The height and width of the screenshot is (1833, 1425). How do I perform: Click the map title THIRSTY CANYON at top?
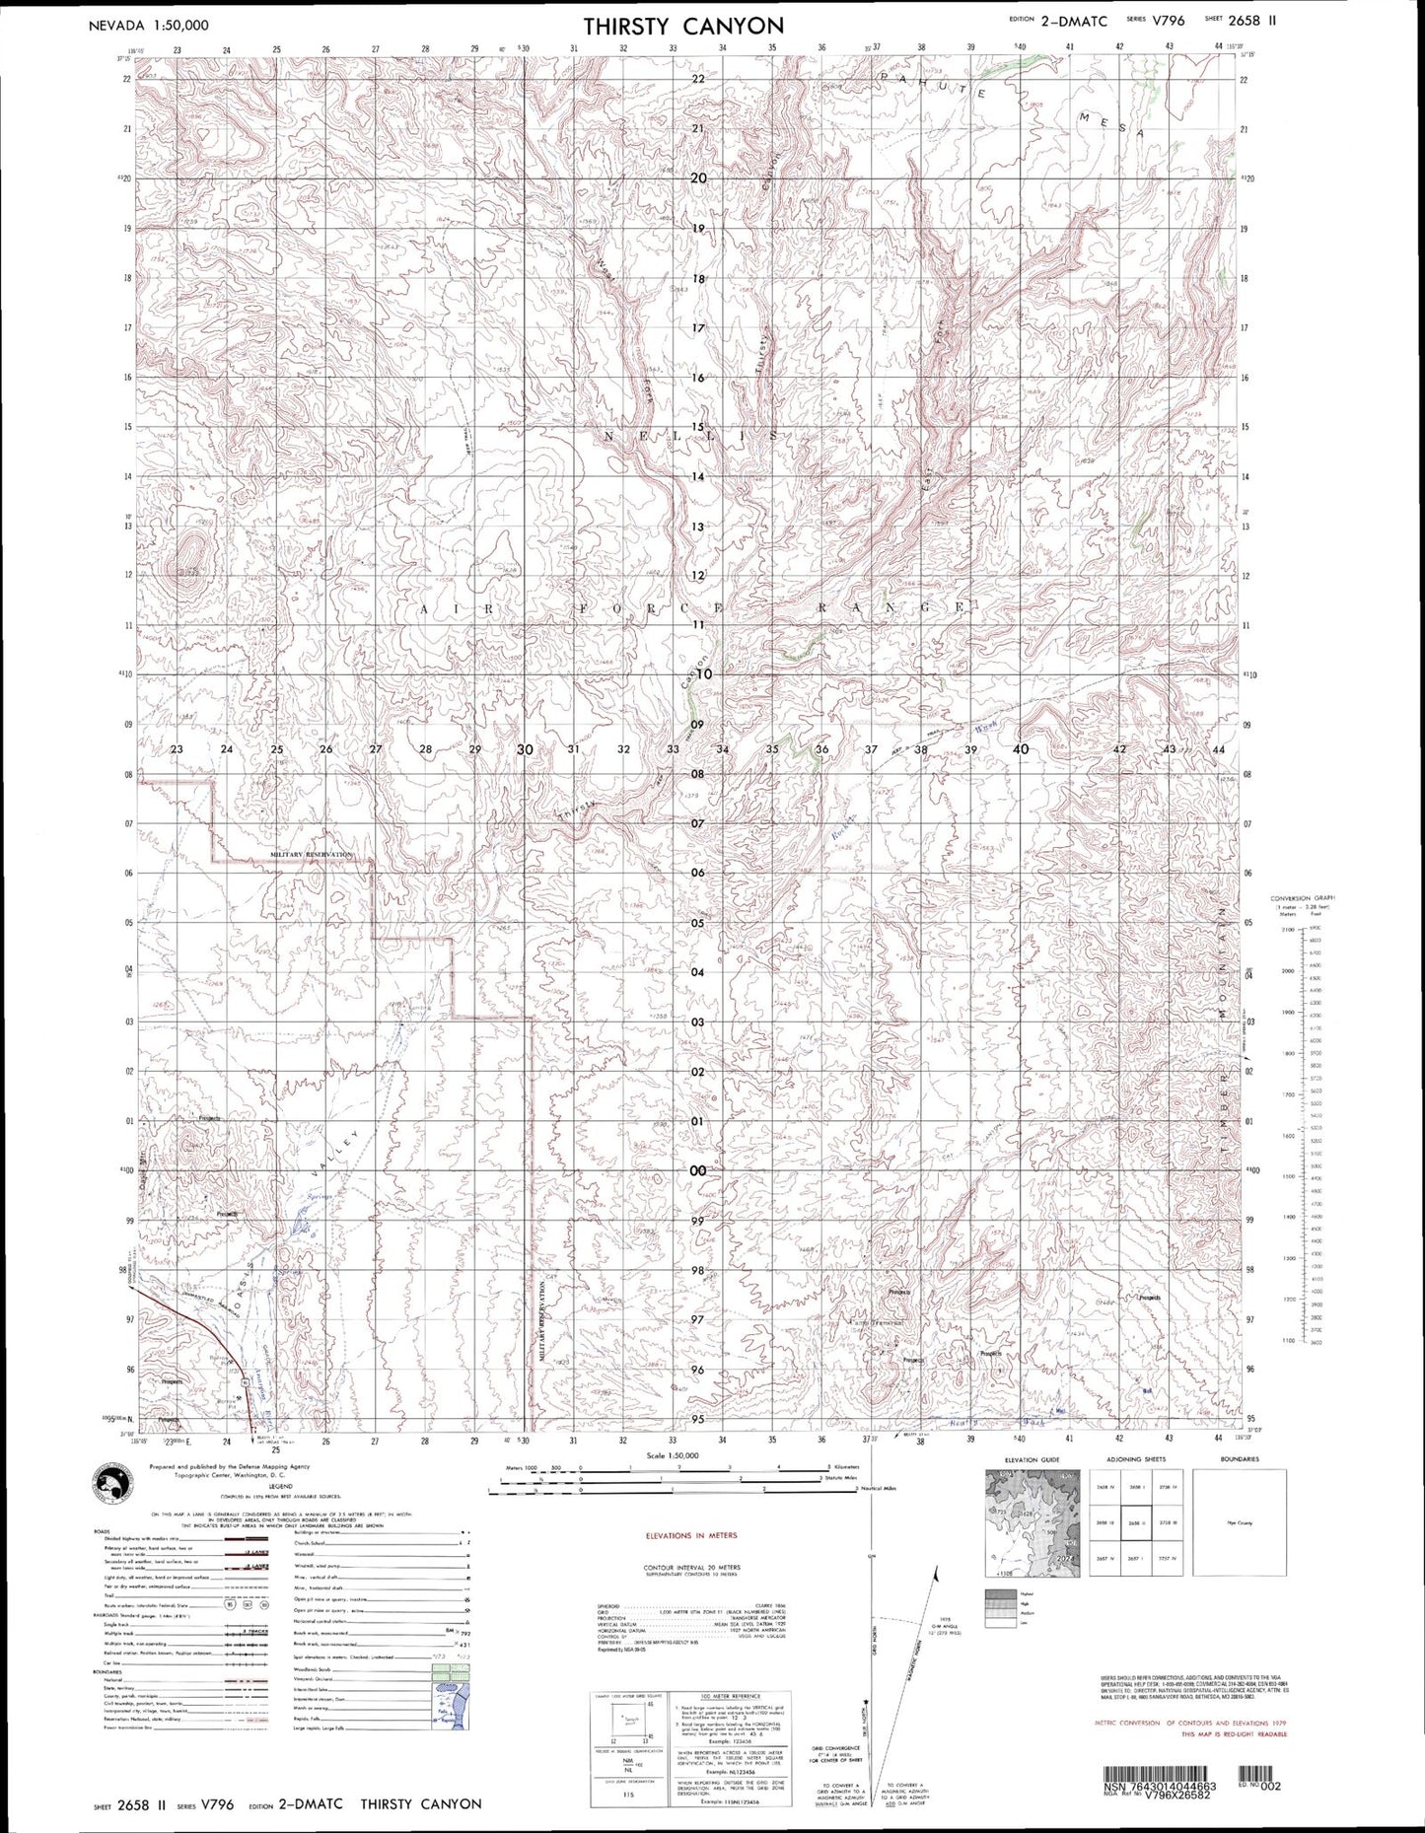pyautogui.click(x=683, y=25)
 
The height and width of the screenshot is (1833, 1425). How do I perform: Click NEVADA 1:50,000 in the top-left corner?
pyautogui.click(x=149, y=26)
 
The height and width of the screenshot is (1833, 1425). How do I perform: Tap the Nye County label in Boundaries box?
pyautogui.click(x=1239, y=1523)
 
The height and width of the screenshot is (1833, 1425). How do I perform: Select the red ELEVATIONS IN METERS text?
pyautogui.click(x=691, y=1536)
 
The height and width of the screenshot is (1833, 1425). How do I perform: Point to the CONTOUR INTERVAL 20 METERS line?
pyautogui.click(x=691, y=1566)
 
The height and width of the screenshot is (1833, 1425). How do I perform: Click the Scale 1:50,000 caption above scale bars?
pyautogui.click(x=672, y=1455)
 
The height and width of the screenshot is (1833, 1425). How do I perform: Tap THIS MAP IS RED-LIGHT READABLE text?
pyautogui.click(x=1233, y=1733)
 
